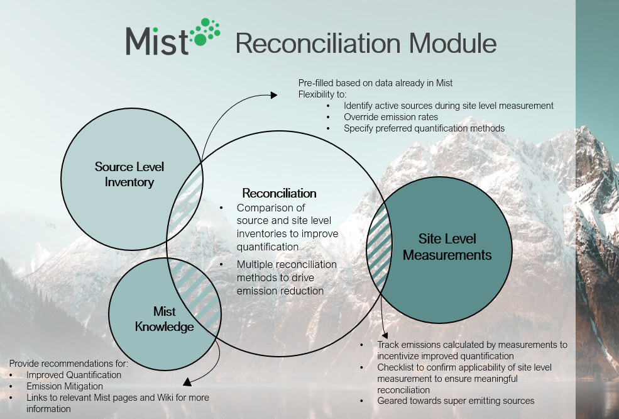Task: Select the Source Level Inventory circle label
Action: coord(129,174)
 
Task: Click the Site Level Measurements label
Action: coord(447,247)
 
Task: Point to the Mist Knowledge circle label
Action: coord(165,319)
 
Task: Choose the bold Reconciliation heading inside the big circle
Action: coord(279,193)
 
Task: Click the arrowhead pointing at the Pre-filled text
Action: coord(273,95)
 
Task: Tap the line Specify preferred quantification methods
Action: coord(424,128)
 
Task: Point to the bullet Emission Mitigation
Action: coord(64,386)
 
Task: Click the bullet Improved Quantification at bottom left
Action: coord(74,375)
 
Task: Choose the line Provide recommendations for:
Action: coord(68,364)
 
